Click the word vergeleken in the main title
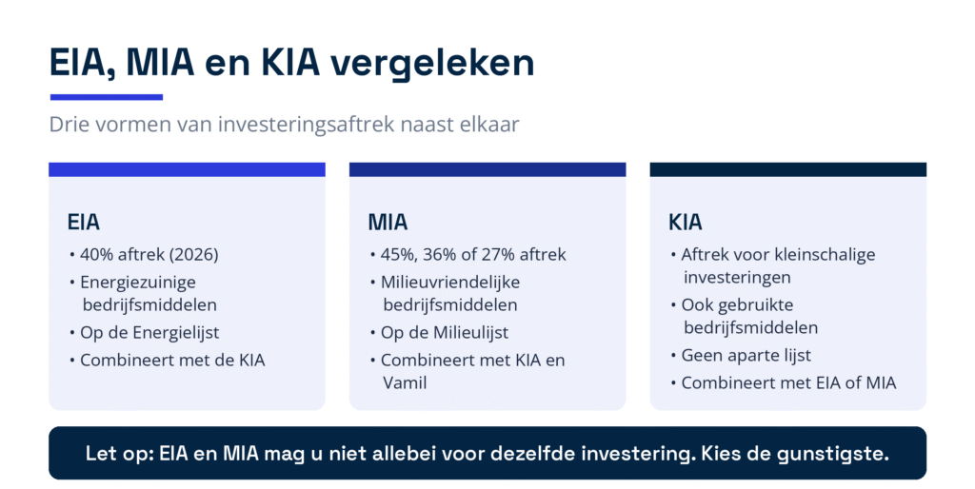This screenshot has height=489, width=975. [x=431, y=64]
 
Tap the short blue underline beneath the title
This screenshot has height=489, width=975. [x=107, y=97]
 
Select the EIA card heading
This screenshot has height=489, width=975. [x=84, y=222]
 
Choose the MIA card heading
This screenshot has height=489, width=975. [x=388, y=222]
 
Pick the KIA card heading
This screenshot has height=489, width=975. [x=686, y=222]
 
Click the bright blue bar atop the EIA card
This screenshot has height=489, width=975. [x=188, y=169]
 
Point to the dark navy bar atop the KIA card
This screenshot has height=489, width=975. [x=787, y=169]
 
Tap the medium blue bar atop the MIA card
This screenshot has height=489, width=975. [x=487, y=169]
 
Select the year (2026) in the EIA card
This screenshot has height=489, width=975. [x=194, y=255]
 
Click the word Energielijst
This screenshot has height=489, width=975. [x=172, y=333]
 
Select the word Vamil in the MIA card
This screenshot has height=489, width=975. [x=405, y=383]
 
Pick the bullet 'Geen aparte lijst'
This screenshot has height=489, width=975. [x=746, y=356]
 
